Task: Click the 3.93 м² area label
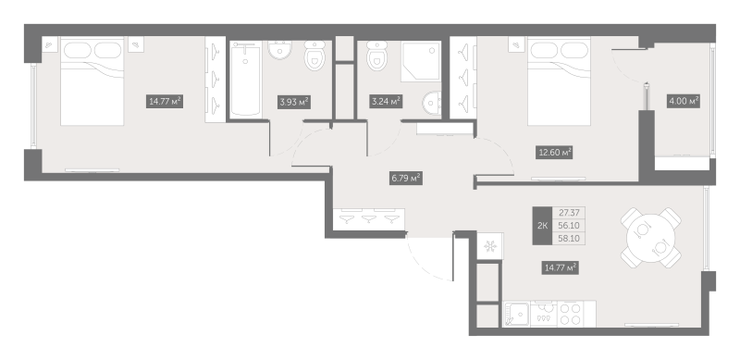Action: [x=294, y=102]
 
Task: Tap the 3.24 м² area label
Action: [x=384, y=101]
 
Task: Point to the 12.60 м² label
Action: [x=555, y=152]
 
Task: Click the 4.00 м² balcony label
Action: [x=683, y=101]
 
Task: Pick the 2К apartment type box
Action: [x=542, y=225]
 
